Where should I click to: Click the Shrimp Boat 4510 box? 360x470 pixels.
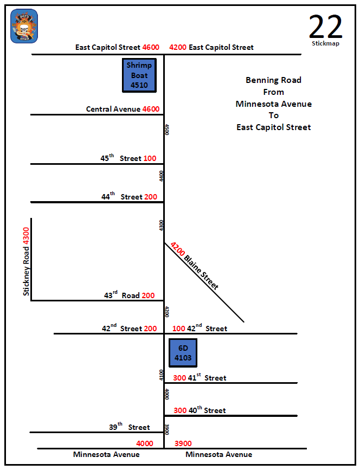tap(139, 75)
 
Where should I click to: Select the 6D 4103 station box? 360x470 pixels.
tap(183, 352)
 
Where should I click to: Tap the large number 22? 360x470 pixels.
tap(325, 25)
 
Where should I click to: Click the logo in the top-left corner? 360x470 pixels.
tap(24, 26)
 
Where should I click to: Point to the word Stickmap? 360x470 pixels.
tap(325, 43)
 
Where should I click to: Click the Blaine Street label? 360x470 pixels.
tap(202, 273)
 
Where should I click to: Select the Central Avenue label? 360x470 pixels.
tap(113, 109)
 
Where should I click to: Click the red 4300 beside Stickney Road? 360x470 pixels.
tap(26, 237)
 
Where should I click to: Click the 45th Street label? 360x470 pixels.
tap(121, 158)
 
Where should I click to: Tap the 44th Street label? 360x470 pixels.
tap(122, 197)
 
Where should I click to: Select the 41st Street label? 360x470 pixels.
tap(207, 378)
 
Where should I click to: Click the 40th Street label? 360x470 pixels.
tap(207, 410)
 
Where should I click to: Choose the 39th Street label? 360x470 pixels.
tap(130, 427)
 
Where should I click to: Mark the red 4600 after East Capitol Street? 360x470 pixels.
tap(151, 47)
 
